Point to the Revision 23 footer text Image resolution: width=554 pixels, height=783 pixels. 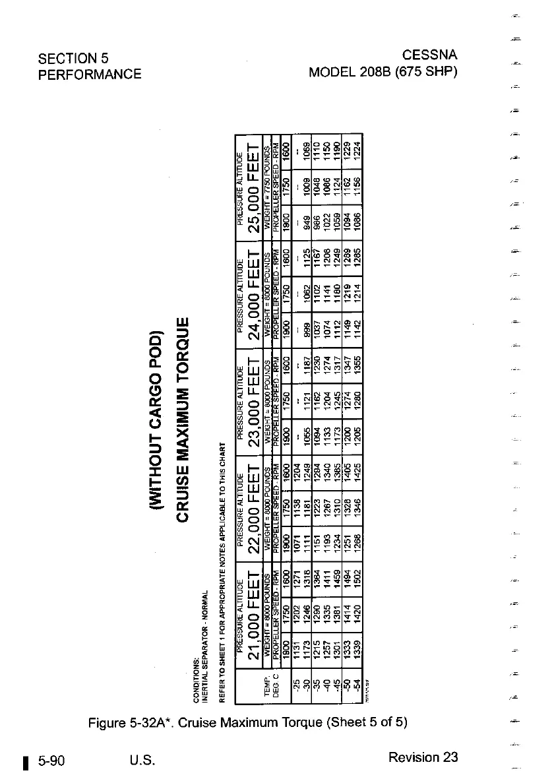tap(423, 757)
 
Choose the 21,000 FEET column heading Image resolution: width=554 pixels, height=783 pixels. tap(254, 618)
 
